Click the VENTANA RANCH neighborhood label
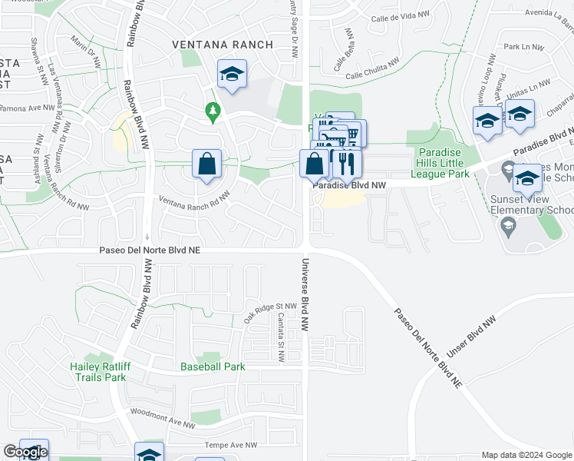point(223,45)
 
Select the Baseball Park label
point(213,366)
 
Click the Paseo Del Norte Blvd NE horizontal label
point(150,250)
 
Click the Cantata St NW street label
point(281,334)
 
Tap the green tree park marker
point(213,112)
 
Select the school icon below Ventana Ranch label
point(232,75)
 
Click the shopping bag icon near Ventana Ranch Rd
point(206,163)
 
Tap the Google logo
point(25,453)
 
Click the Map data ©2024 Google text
point(526,455)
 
